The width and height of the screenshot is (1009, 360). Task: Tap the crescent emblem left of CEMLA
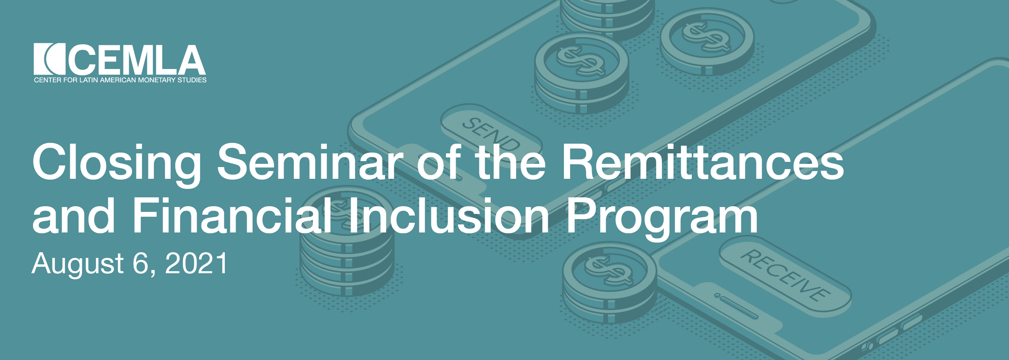[x=49, y=59]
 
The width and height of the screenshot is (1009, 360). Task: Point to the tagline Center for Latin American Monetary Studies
[x=120, y=80]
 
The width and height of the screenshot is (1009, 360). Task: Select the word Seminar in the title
[x=310, y=161]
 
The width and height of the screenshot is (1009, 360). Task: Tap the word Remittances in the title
[x=703, y=161]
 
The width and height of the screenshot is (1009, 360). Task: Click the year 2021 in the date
[x=197, y=264]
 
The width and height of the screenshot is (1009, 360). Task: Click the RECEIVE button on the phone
[x=785, y=276]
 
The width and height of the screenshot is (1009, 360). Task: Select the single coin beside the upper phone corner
[x=707, y=42]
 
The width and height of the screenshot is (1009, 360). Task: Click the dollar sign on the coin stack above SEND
[x=581, y=61]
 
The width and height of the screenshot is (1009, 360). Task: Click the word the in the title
[x=510, y=161]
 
